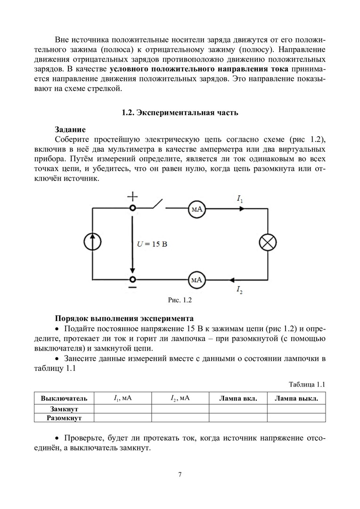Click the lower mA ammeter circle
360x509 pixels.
point(197,280)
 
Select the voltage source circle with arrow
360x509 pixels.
point(93,242)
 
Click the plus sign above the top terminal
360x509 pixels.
point(133,195)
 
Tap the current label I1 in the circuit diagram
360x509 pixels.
point(240,200)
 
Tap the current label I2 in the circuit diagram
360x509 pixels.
point(239,289)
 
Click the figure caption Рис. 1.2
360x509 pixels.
point(180,299)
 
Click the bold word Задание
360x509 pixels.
point(70,130)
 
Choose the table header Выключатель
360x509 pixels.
point(64,399)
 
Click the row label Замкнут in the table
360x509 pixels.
point(64,409)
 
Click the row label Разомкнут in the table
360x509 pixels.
point(64,418)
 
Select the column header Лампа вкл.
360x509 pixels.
point(238,399)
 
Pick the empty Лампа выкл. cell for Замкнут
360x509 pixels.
point(296,409)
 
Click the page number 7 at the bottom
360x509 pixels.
point(180,474)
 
